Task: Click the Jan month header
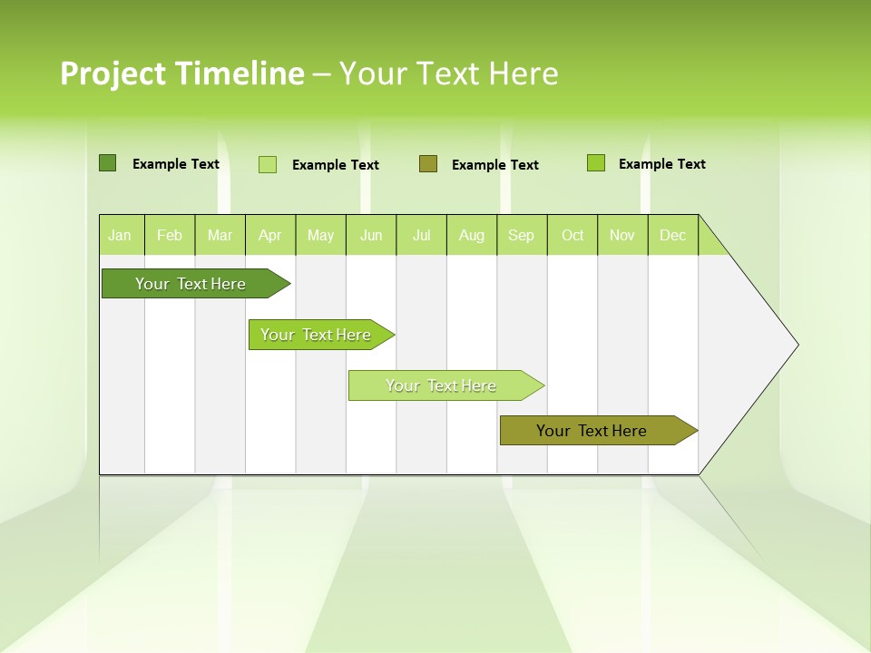point(121,235)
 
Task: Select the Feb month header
point(170,235)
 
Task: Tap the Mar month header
point(220,235)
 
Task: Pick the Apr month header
point(270,235)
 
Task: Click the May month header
point(320,235)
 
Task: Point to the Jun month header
point(371,235)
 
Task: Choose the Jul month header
point(421,235)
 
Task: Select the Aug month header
point(472,235)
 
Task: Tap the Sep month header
point(522,235)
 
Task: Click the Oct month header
point(573,235)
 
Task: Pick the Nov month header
point(622,235)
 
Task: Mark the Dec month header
point(673,235)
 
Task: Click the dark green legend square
point(107,163)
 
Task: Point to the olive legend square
point(428,163)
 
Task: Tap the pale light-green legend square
point(268,164)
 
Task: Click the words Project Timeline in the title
point(182,73)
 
